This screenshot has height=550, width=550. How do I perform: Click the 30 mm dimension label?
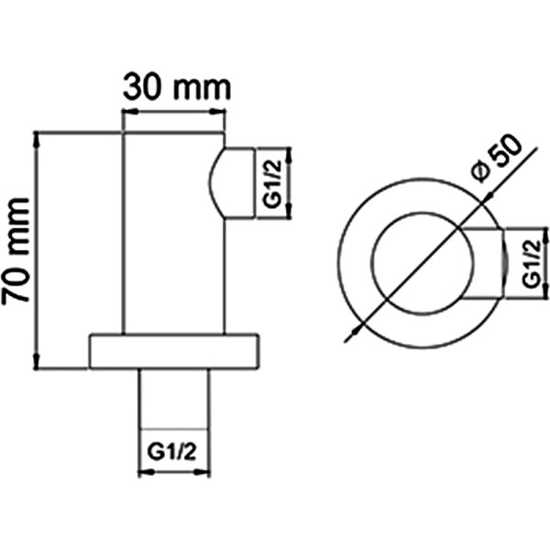174,88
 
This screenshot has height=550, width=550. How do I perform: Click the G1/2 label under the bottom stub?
174,452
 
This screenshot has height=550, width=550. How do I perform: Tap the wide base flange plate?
174,351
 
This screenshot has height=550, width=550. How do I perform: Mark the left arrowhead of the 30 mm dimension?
129,114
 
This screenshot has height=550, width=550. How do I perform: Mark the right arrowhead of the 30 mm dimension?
219,114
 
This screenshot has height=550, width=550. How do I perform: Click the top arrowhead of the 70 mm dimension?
37,137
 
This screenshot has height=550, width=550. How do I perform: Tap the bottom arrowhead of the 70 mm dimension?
37,362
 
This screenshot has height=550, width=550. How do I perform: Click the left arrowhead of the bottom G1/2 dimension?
144,473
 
